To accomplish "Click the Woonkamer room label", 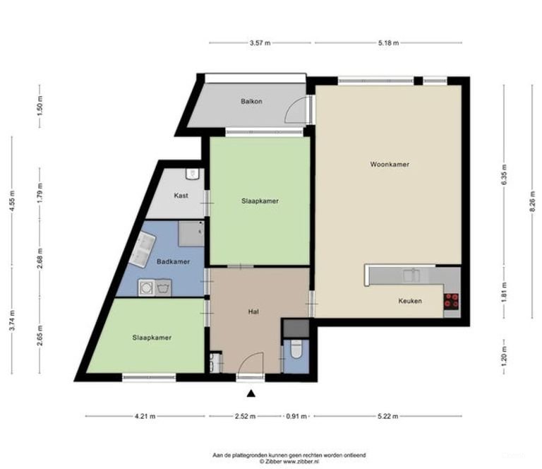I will pos(390,165).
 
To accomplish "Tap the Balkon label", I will pos(251,102).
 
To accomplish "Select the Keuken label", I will pos(409,301).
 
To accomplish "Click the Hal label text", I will pos(252,311).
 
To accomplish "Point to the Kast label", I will pos(181,196).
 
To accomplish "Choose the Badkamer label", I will pos(173,262).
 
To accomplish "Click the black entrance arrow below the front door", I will pos(251,393).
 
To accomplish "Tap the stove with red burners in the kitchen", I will pos(451,301).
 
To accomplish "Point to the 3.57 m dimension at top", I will pos(261,43).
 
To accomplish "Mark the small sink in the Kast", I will pos(192,174).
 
